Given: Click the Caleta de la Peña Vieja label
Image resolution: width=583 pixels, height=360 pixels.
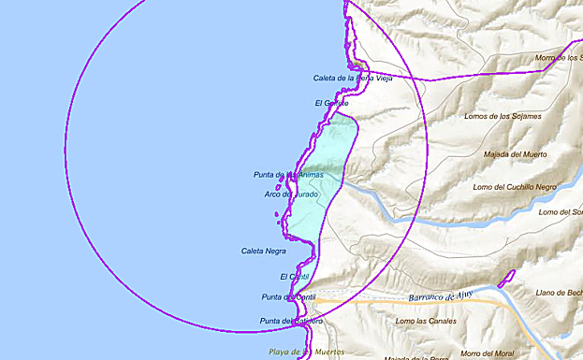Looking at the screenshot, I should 352,78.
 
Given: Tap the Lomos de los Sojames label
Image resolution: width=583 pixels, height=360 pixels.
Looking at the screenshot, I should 503,117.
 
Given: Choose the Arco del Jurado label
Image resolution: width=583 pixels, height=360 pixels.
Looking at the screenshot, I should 291,194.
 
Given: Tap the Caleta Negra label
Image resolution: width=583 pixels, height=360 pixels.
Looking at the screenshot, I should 263,251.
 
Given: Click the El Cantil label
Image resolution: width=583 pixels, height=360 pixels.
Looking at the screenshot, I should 294,277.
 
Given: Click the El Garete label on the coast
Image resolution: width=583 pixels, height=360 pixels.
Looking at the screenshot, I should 331,102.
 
